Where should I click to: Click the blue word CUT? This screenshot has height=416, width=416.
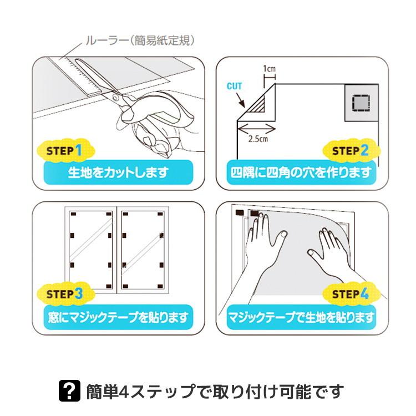coord(234,86)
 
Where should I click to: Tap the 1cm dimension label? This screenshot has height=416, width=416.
coord(269,69)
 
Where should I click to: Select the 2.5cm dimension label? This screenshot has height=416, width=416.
coord(258,139)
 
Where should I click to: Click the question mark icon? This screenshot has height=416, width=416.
coord(69,390)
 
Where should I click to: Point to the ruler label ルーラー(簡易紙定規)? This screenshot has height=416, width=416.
coord(140,40)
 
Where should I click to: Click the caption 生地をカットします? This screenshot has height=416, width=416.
coord(118,173)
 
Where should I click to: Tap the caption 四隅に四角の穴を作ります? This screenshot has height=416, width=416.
coord(301,173)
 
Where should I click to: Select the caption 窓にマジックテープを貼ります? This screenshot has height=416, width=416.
coord(118,317)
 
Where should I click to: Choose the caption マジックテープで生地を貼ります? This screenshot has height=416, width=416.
coord(301,317)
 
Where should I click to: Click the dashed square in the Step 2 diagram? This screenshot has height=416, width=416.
coord(361,102)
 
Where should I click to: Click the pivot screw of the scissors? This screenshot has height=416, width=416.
coord(116,97)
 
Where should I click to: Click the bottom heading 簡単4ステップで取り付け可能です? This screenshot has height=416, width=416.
coord(215,391)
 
